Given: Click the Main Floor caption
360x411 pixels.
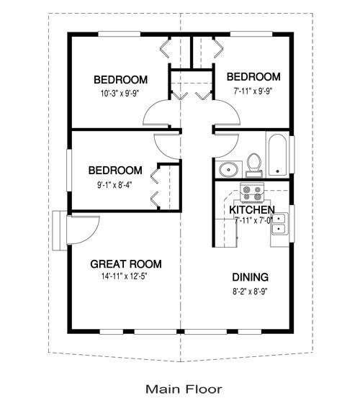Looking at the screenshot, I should tap(184, 389).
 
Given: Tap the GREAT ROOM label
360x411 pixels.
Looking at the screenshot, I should tap(125, 263).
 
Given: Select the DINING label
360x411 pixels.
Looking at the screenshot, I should tap(251, 277).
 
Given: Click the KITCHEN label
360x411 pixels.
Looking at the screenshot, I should tap(251, 209).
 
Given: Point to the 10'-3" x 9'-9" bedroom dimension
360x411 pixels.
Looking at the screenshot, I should tap(121, 93).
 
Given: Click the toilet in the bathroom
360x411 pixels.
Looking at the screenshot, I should tap(253, 164).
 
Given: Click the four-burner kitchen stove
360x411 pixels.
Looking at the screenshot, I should tap(253, 193).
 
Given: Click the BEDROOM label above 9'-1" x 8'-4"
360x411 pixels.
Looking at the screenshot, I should tap(115, 171).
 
